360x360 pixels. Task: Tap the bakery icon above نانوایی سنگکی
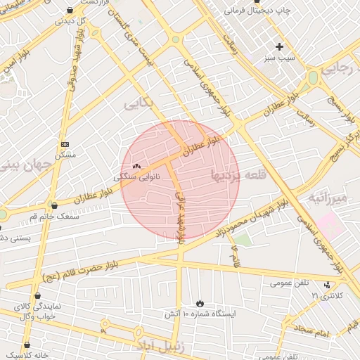[x=136, y=167]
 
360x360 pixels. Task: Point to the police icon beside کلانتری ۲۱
[x=327, y=285]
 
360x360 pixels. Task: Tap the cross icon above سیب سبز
[x=279, y=46]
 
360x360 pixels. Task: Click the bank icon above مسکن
[x=65, y=143]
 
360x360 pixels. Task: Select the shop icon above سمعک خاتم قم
[x=54, y=205]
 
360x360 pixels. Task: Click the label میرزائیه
[x=328, y=199]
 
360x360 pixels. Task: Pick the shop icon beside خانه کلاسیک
[x=27, y=345]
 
